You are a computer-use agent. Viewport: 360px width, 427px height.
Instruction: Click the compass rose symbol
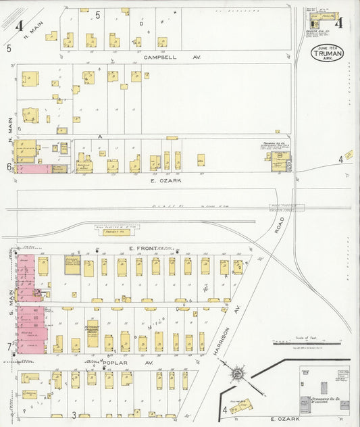pyautogui.click(x=238, y=372)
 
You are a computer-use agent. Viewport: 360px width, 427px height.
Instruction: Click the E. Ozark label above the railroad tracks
pyautogui.click(x=165, y=180)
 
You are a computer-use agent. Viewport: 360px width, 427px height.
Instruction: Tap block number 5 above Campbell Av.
pyautogui.click(x=97, y=15)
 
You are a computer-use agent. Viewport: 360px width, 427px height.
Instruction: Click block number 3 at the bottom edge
pyautogui.click(x=73, y=413)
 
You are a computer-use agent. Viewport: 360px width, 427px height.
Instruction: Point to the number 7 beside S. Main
pyautogui.click(x=9, y=347)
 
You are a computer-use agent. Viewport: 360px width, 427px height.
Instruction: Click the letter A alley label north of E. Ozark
pyautogui.click(x=119, y=136)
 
